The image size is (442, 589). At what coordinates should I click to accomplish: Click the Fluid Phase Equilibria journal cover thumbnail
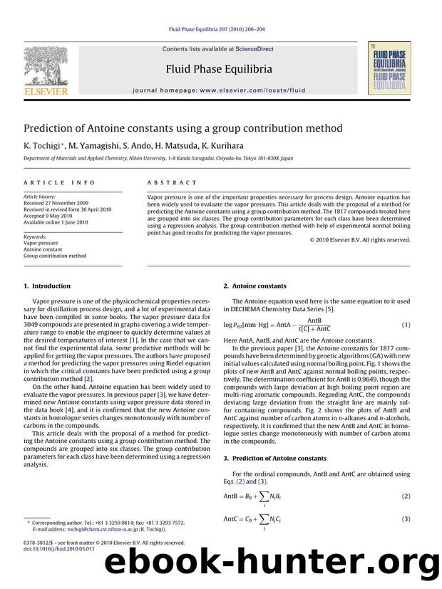pos(389,68)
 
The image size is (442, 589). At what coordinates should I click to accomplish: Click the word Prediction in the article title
pos(53,128)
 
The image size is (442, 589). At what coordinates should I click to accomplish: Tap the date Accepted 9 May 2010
pos(48,215)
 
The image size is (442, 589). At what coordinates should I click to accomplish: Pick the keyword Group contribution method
pos(55,256)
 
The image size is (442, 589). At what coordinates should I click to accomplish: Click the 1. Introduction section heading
pos(48,286)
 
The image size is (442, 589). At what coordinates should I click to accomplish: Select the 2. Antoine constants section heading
pos(255,286)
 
